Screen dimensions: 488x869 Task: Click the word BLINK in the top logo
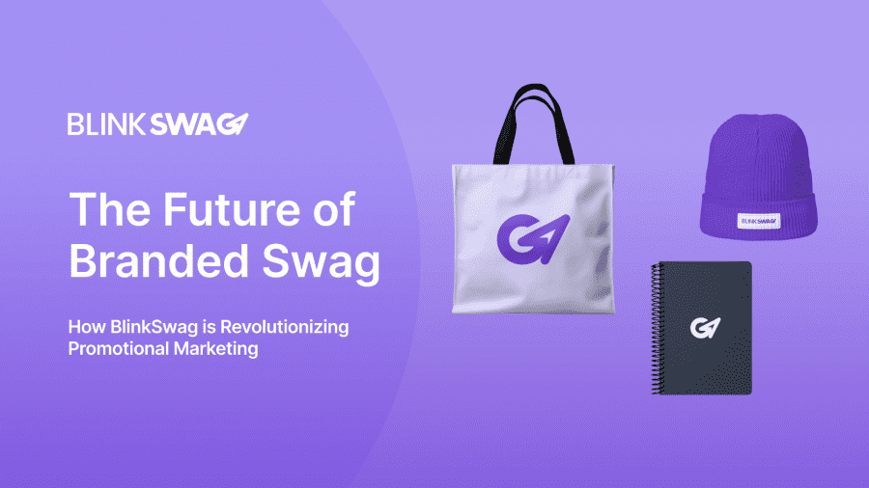point(104,124)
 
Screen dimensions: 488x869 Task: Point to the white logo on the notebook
point(701,327)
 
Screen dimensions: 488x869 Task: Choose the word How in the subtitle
point(83,328)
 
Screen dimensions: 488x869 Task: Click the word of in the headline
point(333,210)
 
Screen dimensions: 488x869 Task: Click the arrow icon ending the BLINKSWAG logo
point(238,124)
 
